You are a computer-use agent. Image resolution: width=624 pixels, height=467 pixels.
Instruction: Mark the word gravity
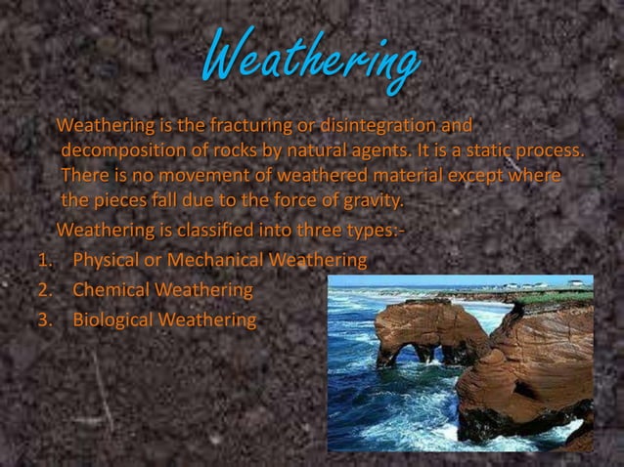370,202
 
